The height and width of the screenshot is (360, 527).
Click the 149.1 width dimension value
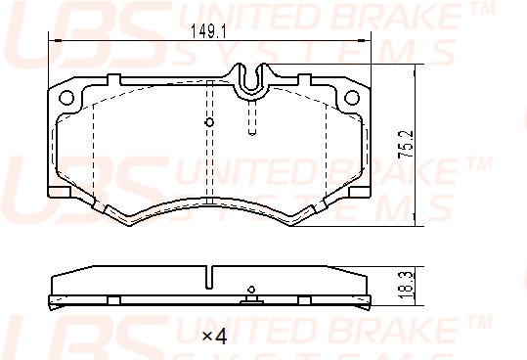click(208, 31)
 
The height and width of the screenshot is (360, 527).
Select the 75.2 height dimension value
click(406, 145)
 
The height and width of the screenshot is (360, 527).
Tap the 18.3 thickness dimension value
click(405, 286)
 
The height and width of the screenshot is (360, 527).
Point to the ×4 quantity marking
click(214, 336)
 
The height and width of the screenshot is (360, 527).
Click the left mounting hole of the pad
click(66, 98)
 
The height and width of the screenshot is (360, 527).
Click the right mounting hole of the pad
click(352, 98)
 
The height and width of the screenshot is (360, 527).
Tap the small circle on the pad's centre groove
click(209, 122)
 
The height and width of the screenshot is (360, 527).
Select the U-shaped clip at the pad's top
click(251, 80)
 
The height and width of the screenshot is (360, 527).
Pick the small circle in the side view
click(251, 290)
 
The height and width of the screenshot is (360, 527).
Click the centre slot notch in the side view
click(209, 277)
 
